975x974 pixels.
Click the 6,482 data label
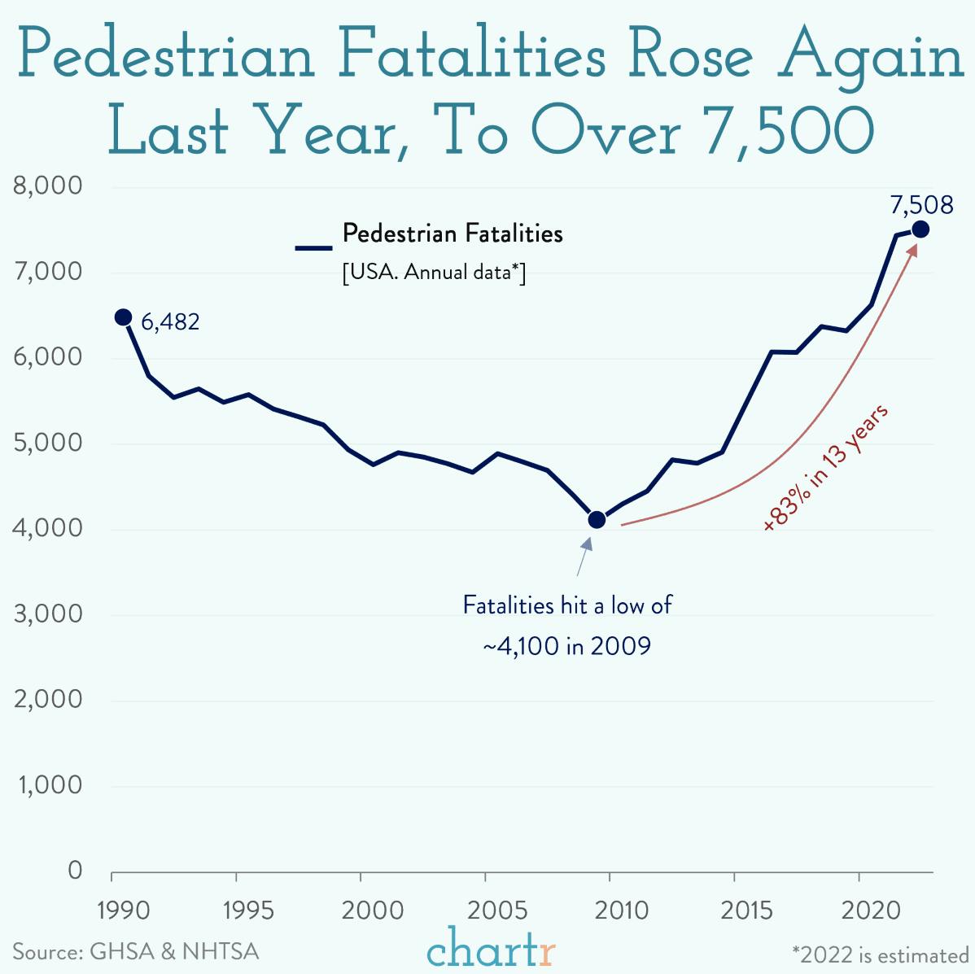[170, 322]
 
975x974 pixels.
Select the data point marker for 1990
[123, 317]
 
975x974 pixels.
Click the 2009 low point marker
[597, 519]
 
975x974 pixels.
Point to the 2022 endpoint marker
[920, 229]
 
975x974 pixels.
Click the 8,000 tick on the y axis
[49, 186]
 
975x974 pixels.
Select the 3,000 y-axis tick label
[49, 614]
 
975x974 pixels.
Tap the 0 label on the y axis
[75, 871]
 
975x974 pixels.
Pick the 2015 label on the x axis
[746, 910]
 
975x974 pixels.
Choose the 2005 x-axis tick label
[492, 910]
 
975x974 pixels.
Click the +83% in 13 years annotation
[825, 468]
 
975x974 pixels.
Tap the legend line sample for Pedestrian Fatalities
[313, 247]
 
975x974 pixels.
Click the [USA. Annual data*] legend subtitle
[434, 272]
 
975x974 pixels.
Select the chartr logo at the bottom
[491, 950]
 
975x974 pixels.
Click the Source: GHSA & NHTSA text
[135, 951]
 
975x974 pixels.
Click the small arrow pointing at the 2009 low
[583, 557]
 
